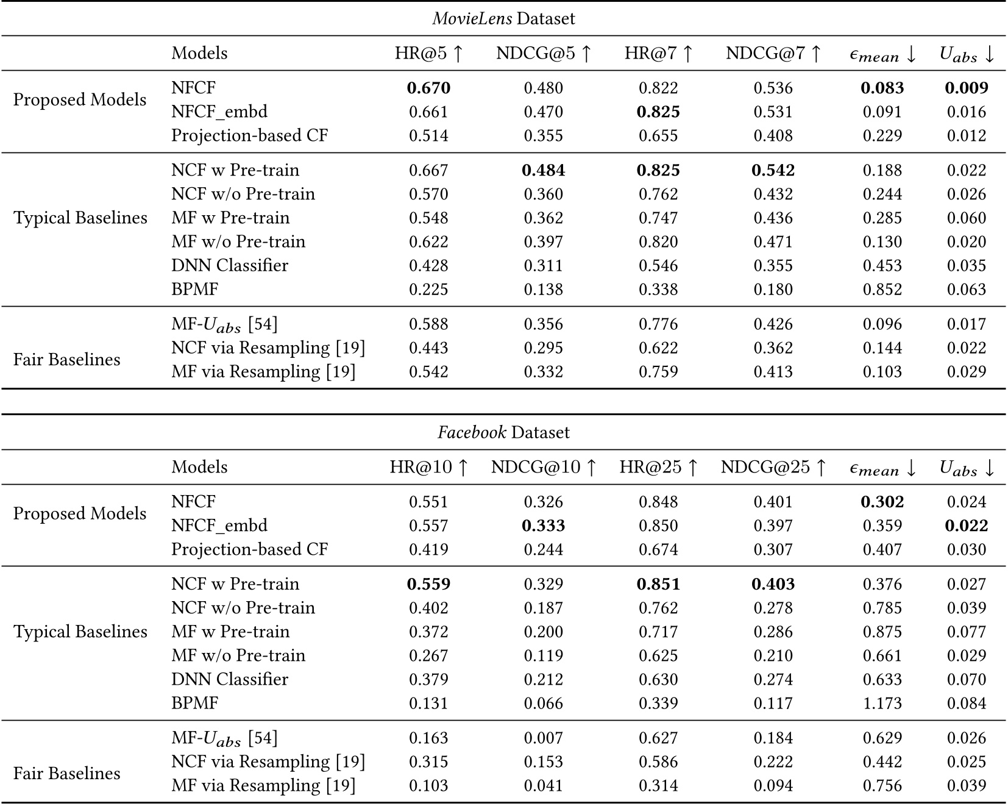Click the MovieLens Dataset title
503,18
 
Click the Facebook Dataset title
503,432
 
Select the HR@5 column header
428,54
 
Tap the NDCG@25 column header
773,468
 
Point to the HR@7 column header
658,54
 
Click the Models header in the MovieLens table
199,54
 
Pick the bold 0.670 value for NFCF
428,88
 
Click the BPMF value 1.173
882,704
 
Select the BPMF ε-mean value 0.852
882,290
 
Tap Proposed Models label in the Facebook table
80,513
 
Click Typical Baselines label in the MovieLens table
80,218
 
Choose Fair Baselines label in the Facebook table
66,774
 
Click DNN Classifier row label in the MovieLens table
230,266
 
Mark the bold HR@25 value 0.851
658,584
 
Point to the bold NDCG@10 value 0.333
543,526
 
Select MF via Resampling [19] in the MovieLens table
263,372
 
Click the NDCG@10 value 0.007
543,738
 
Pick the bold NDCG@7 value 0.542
773,171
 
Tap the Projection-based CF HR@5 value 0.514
428,135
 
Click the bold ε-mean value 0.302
882,502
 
